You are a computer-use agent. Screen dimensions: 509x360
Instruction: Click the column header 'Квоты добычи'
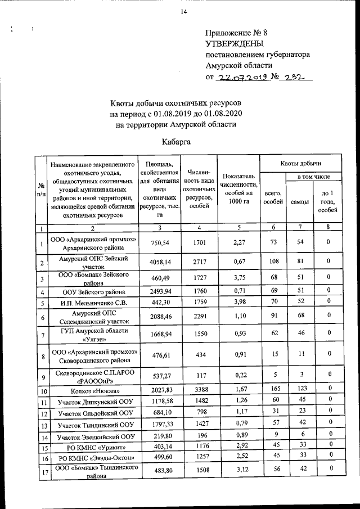[x=301, y=163]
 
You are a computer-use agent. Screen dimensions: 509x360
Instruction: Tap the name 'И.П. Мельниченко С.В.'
[x=91, y=304]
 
